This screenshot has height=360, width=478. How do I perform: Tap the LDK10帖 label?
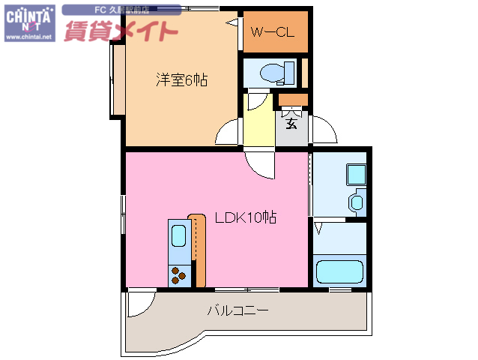click(245, 218)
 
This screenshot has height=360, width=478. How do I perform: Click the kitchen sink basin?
click(179, 235)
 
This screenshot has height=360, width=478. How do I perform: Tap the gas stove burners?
click(180, 276)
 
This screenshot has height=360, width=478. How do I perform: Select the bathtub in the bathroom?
click(339, 272)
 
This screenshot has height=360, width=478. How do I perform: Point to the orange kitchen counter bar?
click(198, 249)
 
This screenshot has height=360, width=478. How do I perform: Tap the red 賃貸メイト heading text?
click(121, 31)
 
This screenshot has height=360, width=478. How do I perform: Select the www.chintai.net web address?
click(28, 36)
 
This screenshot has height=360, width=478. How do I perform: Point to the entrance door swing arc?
click(324, 131)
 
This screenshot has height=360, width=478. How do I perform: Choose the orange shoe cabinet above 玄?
click(292, 98)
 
